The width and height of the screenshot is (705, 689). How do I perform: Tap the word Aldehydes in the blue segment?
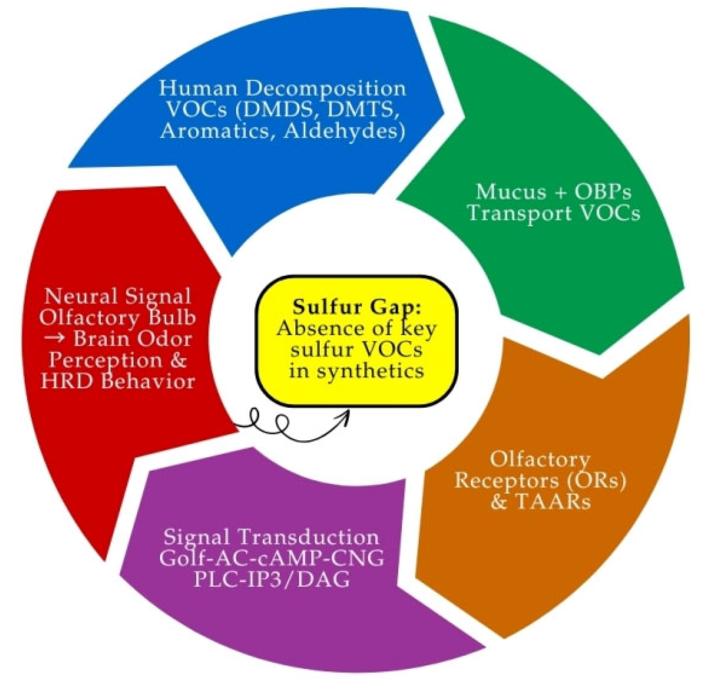344,132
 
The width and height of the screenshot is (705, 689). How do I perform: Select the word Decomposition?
325,88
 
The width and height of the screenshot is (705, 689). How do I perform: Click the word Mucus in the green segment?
506,191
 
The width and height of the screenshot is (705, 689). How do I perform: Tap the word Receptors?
506,480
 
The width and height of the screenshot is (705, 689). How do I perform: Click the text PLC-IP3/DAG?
271,580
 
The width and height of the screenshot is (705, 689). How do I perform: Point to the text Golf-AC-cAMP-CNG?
271,558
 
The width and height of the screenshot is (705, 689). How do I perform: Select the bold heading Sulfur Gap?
356,307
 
